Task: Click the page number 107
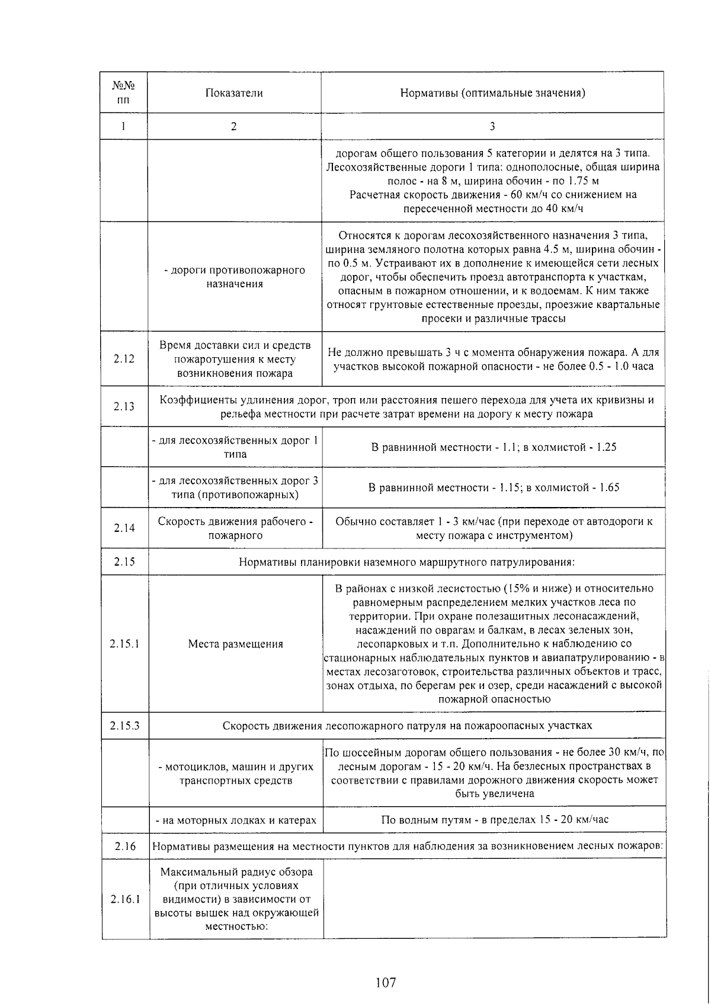385,983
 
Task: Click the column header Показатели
234,93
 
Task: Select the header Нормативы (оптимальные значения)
492,93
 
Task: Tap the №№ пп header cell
123,93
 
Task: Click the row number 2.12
124,359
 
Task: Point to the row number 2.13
124,406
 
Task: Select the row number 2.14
124,528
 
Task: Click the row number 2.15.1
124,644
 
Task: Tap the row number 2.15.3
124,726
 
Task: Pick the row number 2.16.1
125,899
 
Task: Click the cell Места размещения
235,644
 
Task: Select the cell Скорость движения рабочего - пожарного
235,528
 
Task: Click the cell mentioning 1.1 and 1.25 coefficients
494,447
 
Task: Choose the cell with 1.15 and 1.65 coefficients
494,487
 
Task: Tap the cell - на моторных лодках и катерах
236,820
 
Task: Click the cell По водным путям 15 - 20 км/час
494,820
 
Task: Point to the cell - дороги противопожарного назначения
235,277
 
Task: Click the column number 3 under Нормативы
492,126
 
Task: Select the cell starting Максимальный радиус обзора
236,899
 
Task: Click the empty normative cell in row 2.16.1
495,899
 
